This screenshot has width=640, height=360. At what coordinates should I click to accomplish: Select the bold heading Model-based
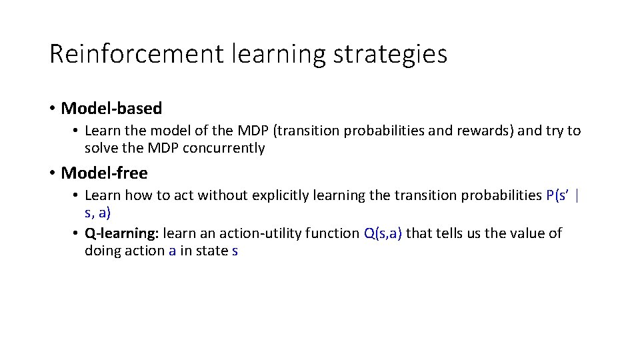coord(111,108)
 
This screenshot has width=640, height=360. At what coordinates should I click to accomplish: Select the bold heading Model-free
coord(104,173)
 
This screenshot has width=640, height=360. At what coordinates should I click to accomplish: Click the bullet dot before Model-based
coord(52,108)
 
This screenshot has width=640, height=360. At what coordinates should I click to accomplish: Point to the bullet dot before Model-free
coord(52,173)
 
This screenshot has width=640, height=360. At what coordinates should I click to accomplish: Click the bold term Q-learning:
coord(122,233)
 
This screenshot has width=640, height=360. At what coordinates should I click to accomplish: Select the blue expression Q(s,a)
coord(383,233)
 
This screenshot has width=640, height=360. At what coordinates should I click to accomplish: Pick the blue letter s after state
coord(234,251)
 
